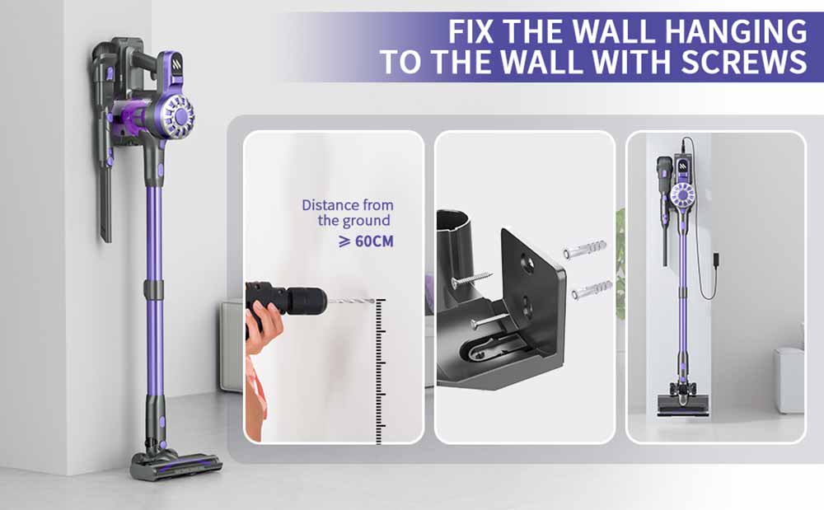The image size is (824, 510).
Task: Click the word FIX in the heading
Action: click(476, 30)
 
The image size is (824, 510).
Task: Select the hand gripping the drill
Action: click(262, 325)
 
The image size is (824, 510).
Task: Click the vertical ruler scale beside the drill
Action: click(381, 371)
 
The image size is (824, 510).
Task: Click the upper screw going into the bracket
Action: click(471, 279)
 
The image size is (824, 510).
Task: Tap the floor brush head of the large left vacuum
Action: click(175, 466)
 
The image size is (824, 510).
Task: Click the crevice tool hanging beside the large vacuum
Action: click(105, 198)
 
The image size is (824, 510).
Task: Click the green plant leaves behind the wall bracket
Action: click(620, 264)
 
